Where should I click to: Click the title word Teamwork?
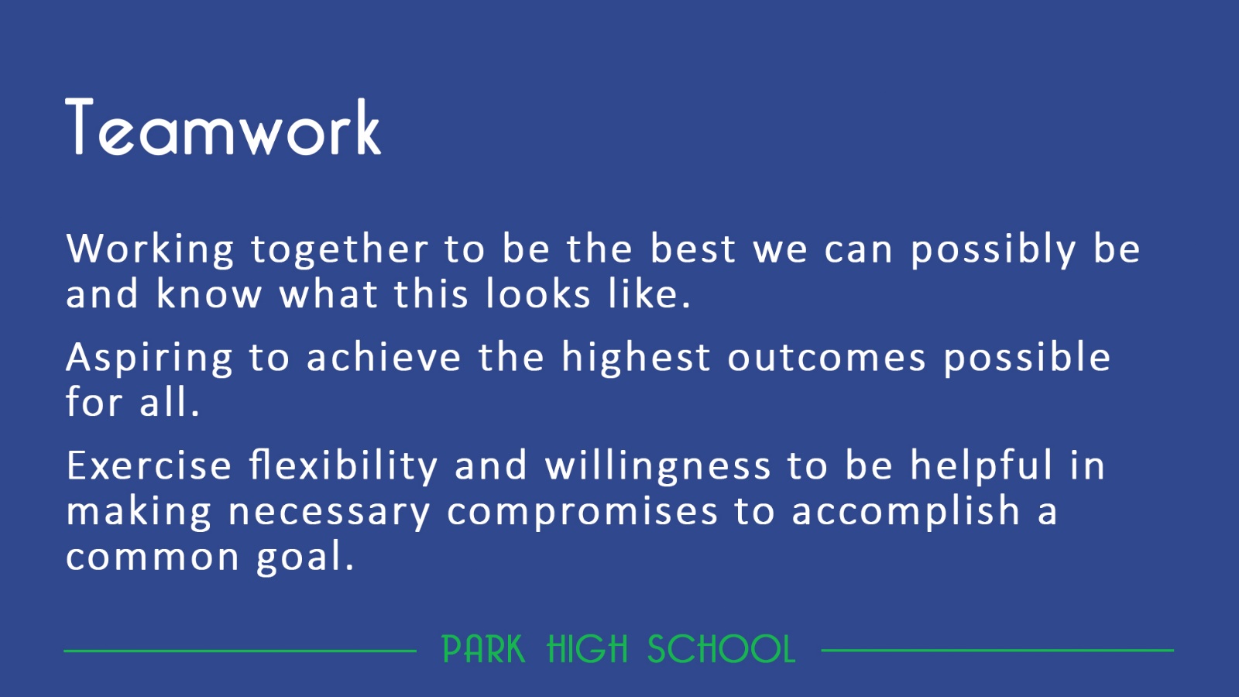pos(223,127)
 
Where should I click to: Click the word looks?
pos(538,294)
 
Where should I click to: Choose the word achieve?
pos(383,357)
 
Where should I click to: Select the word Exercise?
pos(149,465)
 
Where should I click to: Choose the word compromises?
pos(582,513)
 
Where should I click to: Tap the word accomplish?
pos(906,512)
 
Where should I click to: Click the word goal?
pos(305,558)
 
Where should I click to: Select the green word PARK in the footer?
pos(483,649)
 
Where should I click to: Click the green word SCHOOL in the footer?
pos(721,649)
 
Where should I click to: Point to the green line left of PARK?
pos(240,651)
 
